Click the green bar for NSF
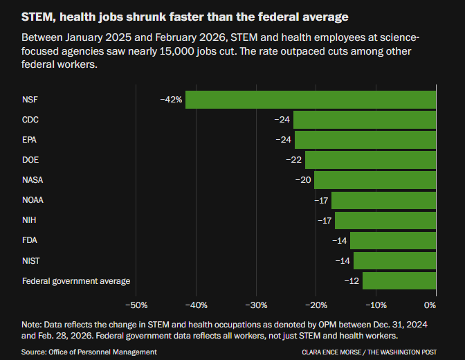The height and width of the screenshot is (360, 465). tap(311, 100)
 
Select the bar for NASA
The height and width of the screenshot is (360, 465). tap(375, 180)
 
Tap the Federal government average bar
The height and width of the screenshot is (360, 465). tap(399, 280)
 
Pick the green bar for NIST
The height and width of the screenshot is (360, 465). tap(394, 260)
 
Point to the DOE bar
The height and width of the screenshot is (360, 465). tap(370, 160)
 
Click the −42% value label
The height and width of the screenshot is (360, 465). tap(171, 100)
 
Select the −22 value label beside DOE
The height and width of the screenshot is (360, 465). tap(294, 160)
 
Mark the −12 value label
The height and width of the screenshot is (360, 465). tap(352, 280)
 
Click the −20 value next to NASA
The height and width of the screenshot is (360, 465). tap(303, 180)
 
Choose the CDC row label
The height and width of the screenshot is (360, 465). tap(30, 120)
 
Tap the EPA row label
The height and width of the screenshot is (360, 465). tap(30, 140)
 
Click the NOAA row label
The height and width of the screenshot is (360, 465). tap(33, 200)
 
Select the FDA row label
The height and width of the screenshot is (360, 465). tap(30, 240)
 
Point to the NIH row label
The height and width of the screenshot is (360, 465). tap(29, 220)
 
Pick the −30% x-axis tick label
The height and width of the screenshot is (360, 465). tap(256, 305)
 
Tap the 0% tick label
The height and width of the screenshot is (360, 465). tap(430, 305)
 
